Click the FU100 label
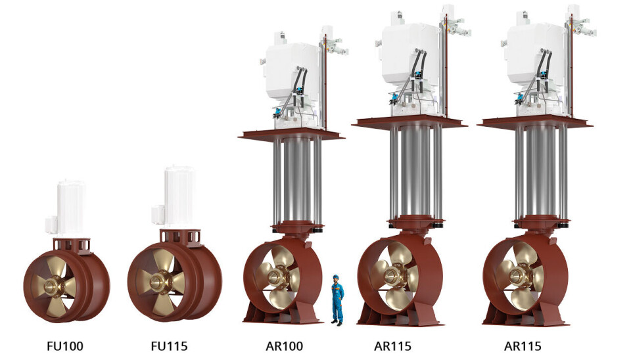(65, 346)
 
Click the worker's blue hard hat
(337, 277)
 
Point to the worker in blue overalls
(337, 300)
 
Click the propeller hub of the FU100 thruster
(51, 286)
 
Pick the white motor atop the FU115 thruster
(179, 197)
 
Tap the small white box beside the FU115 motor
(157, 215)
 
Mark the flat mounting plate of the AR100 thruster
(291, 135)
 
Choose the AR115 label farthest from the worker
(523, 346)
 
